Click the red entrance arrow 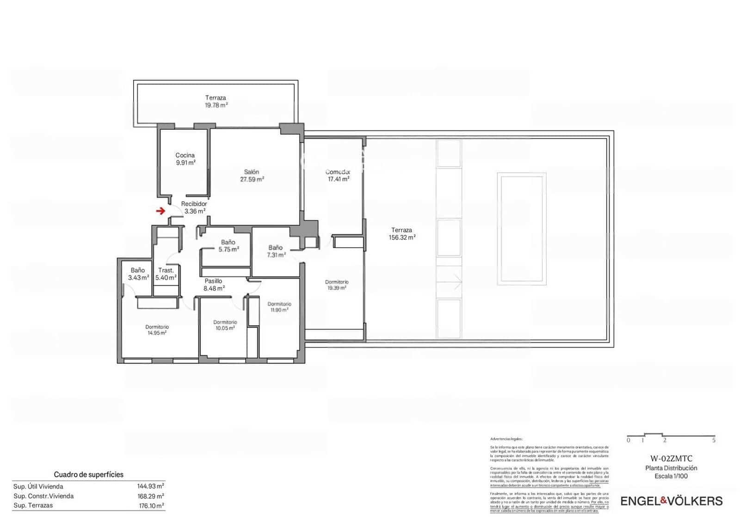[160, 211]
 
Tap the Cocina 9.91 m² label [185, 159]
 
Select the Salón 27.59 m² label [252, 176]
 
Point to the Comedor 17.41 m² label [338, 175]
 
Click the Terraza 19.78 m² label [216, 101]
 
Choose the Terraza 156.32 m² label [402, 234]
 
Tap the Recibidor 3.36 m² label [194, 207]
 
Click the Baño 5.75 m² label [228, 246]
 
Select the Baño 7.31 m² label [276, 251]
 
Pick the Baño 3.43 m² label [138, 274]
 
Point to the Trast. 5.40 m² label [166, 274]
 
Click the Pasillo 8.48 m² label [214, 285]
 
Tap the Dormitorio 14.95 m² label [157, 329]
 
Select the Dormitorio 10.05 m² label [225, 325]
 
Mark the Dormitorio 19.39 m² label [337, 285]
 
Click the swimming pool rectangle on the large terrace [522, 228]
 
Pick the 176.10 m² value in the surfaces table [151, 505]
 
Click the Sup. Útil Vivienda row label [38, 487]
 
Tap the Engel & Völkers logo [671, 501]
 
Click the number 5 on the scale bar [714, 440]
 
